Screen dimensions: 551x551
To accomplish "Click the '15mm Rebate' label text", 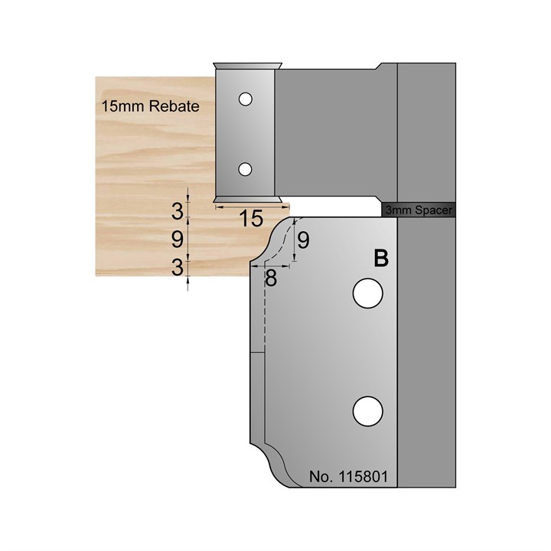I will click(150, 107).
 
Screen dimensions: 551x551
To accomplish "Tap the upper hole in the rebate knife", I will click(245, 99).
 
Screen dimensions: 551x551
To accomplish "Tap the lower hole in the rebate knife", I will click(245, 168).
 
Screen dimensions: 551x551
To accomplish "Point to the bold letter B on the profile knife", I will click(380, 259).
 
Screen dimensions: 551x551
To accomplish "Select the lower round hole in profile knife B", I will click(367, 411).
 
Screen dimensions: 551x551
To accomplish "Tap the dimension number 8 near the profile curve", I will click(270, 277).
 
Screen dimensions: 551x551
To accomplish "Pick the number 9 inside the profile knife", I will click(303, 241).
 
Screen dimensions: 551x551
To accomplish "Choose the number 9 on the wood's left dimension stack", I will click(178, 240).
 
